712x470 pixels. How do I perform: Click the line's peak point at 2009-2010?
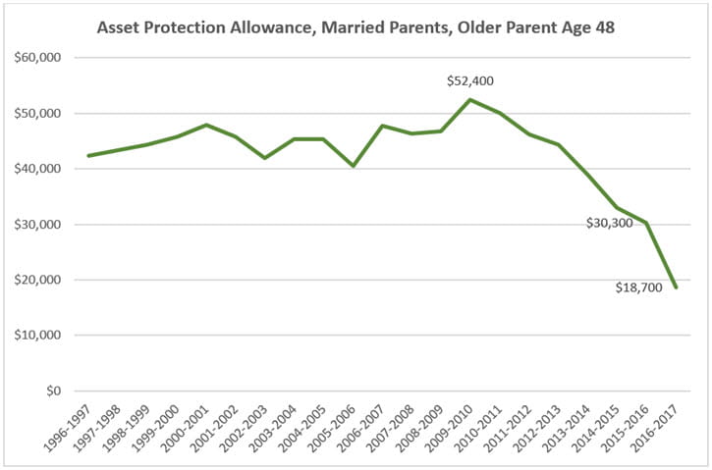click(470, 99)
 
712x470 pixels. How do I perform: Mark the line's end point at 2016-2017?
click(677, 287)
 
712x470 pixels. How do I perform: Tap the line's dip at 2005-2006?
click(353, 166)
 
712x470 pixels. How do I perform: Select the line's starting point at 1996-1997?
click(88, 155)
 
